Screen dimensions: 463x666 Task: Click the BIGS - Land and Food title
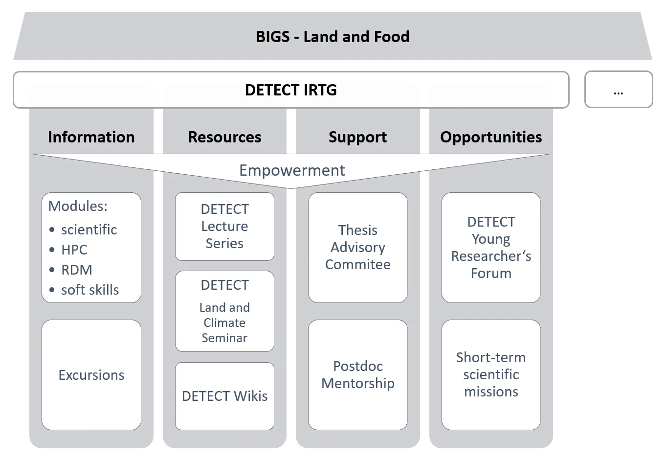[x=333, y=37]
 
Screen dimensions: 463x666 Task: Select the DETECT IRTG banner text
[x=291, y=90]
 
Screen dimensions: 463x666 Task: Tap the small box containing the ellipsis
[x=618, y=90]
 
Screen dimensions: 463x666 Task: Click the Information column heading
[x=91, y=137]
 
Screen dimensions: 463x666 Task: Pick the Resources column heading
[x=224, y=137]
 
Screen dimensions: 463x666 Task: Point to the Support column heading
[x=357, y=137]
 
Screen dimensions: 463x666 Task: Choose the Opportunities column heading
[x=491, y=137]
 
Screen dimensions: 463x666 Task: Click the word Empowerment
[x=292, y=170]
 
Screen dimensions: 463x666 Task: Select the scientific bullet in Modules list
[x=89, y=230]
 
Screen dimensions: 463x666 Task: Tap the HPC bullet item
[x=74, y=250]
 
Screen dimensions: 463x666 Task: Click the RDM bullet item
[x=76, y=270]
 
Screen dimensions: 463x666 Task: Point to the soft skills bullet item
[x=89, y=290]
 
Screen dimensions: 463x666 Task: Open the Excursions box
[x=91, y=375]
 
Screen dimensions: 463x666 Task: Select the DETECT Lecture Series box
[x=224, y=226]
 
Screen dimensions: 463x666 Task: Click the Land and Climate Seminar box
[x=224, y=312]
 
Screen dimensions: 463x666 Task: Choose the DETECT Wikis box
[x=224, y=396]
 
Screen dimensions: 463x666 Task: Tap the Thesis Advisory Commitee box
[x=357, y=247]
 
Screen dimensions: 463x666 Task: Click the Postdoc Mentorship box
[x=357, y=375]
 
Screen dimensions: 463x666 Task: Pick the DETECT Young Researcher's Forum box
[x=491, y=247]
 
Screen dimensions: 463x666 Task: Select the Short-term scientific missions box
[x=491, y=375]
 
